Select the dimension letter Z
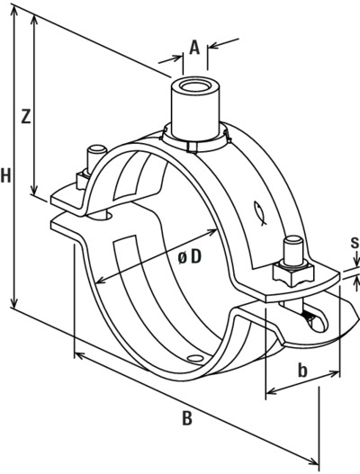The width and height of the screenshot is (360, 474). (26, 116)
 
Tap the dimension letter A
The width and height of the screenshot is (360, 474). (194, 48)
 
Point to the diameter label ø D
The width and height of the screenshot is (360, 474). (190, 256)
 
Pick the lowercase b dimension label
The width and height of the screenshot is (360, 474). (302, 371)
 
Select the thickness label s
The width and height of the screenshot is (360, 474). (355, 243)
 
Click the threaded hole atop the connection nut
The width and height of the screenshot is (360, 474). (195, 85)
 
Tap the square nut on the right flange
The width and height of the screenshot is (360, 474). (292, 273)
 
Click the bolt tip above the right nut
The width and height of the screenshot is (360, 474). (292, 243)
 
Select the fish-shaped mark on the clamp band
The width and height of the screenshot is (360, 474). (259, 213)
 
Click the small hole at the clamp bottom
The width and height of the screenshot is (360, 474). (194, 358)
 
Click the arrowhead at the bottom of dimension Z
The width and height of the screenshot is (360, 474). (34, 189)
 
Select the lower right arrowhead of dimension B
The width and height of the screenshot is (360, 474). (313, 461)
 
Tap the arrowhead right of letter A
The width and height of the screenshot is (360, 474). (214, 45)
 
